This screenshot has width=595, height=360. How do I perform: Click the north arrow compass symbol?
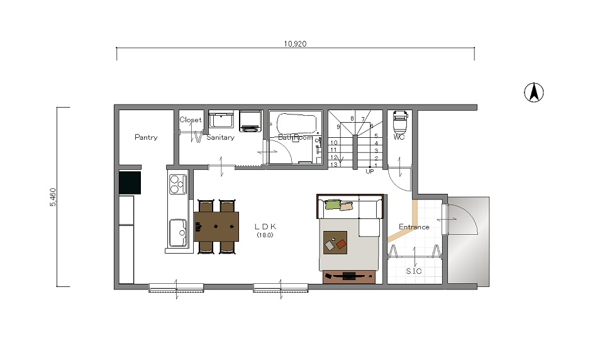click(x=533, y=93)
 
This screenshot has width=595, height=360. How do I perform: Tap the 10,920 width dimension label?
click(x=295, y=43)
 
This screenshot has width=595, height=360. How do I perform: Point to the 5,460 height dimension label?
click(x=53, y=197)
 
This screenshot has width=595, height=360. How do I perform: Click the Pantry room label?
click(x=146, y=137)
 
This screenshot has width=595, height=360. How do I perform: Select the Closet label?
click(x=191, y=120)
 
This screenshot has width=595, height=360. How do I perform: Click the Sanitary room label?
click(x=220, y=137)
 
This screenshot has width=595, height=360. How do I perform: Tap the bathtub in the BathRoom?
click(x=297, y=123)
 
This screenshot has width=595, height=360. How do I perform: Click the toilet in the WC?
click(x=399, y=121)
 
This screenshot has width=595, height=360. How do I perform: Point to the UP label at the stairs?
click(x=370, y=171)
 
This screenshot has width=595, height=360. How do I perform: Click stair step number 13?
click(x=333, y=164)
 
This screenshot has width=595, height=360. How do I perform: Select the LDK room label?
click(x=265, y=227)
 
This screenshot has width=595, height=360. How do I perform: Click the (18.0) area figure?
click(x=265, y=235)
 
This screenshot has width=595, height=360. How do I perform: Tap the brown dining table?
click(x=216, y=227)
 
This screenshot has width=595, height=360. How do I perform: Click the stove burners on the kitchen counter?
click(x=178, y=184)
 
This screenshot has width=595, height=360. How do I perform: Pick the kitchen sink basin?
click(x=177, y=232)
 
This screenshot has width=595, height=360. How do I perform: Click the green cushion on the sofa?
click(x=333, y=205)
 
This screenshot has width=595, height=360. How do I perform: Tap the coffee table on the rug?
click(x=335, y=243)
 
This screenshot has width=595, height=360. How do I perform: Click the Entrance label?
click(x=414, y=227)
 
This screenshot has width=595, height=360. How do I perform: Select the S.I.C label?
click(x=414, y=271)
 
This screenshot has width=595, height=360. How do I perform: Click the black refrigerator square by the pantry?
click(x=130, y=183)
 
